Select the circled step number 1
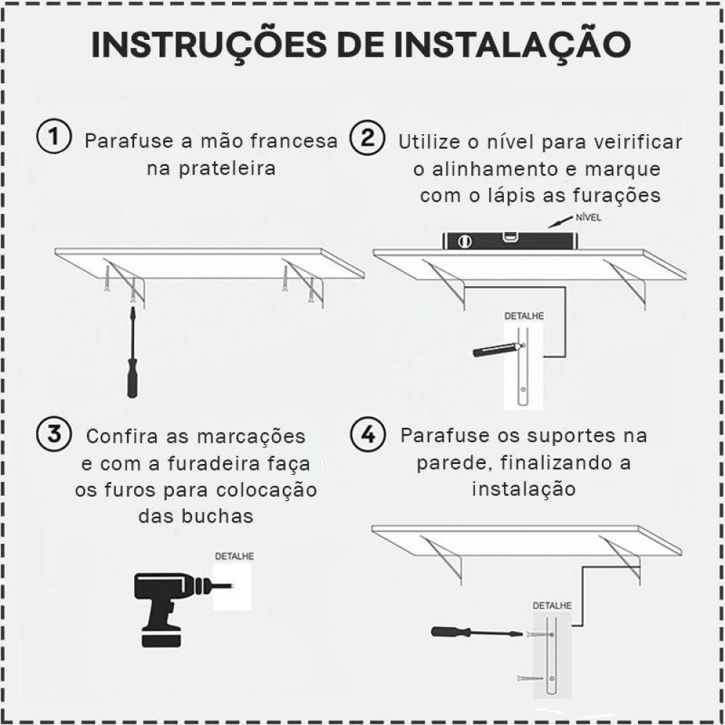tap(54, 138)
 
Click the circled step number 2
tap(367, 138)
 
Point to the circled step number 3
tap(54, 434)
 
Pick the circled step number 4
tap(367, 434)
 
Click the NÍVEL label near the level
tap(587, 217)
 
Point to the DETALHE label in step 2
tap(523, 317)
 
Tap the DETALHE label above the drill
tap(234, 558)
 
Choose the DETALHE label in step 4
tap(552, 605)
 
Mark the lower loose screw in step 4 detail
tap(531, 678)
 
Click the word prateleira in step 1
tap(211, 169)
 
